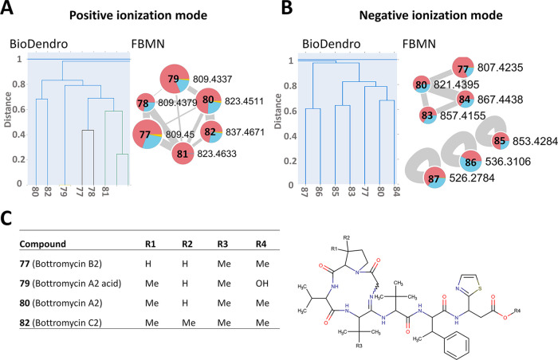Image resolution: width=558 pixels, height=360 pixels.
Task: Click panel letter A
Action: coord(15,12)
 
